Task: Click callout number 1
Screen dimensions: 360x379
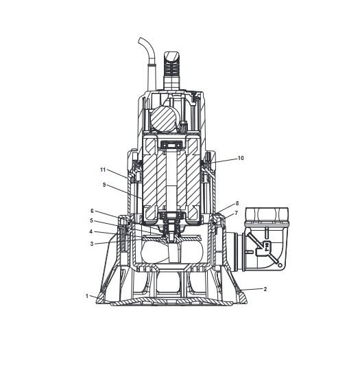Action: [x=87, y=296]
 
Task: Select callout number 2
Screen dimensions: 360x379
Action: [x=265, y=289]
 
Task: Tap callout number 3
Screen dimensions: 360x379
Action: [x=92, y=244]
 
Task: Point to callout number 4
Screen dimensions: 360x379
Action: [x=91, y=231]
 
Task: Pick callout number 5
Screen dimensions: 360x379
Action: [x=91, y=220]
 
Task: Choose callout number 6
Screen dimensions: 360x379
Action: [x=92, y=211]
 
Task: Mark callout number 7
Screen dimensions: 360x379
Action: [x=236, y=213]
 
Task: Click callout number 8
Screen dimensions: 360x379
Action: [x=237, y=203]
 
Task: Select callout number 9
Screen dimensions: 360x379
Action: [x=104, y=185]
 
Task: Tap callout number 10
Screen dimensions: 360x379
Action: [x=241, y=158]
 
